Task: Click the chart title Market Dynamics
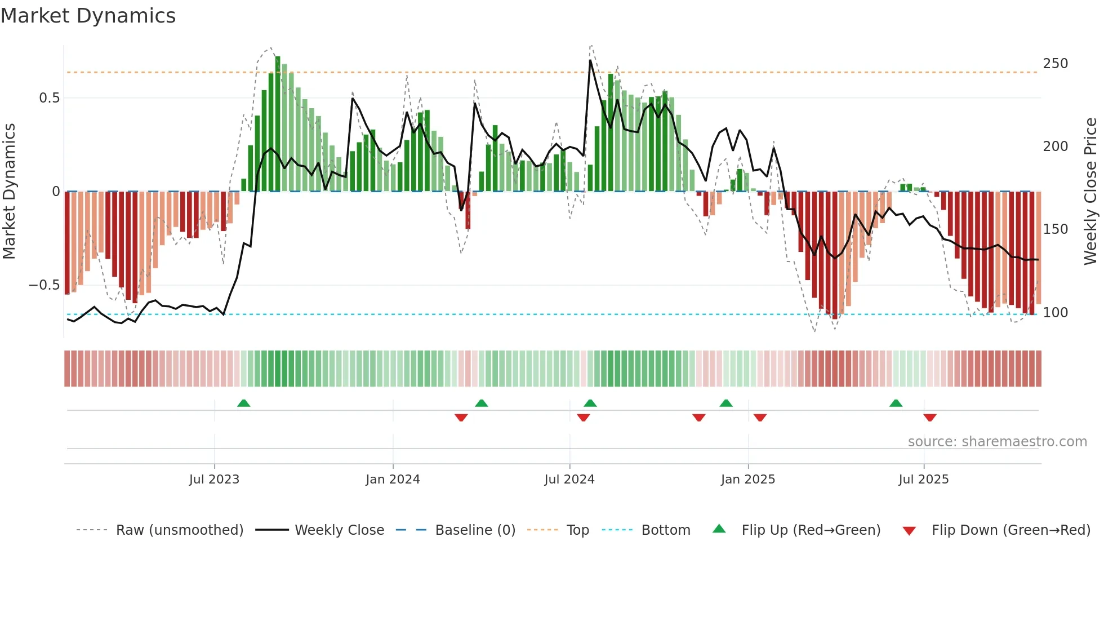(x=88, y=16)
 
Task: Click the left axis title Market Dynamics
(x=9, y=191)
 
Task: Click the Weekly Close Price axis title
(x=1090, y=191)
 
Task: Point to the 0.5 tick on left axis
(x=49, y=98)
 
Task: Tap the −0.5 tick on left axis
(x=44, y=285)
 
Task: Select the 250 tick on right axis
(x=1055, y=64)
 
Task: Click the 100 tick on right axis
(x=1055, y=313)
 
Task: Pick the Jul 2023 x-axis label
(x=214, y=480)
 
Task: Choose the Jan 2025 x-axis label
(x=747, y=480)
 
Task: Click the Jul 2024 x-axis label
(x=569, y=480)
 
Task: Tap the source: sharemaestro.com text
(x=997, y=442)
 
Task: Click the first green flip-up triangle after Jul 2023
(x=243, y=403)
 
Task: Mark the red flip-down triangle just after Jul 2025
(x=929, y=418)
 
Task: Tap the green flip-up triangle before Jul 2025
(x=896, y=403)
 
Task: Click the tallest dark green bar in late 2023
(x=278, y=124)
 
